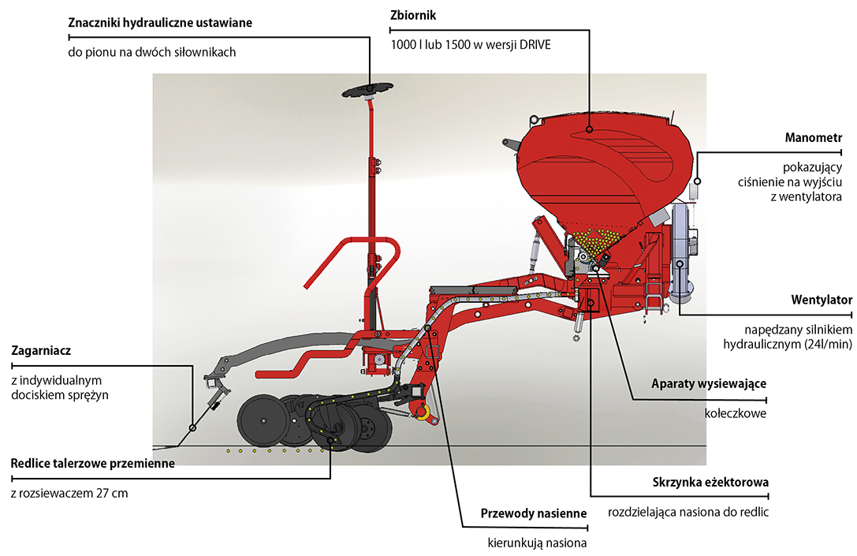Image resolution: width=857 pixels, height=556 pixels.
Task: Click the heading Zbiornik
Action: (413, 16)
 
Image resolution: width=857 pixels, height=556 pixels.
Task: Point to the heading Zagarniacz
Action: (47, 350)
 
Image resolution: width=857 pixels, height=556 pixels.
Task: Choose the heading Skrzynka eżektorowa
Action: (710, 482)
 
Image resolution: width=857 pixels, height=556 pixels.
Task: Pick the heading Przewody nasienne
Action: (534, 513)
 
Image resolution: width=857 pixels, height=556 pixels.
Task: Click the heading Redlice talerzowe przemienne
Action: (92, 463)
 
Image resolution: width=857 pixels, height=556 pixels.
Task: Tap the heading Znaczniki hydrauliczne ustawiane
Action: (160, 23)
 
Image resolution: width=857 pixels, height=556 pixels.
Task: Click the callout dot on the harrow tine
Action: (192, 427)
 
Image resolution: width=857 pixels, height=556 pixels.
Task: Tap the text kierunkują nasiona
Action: (538, 543)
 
